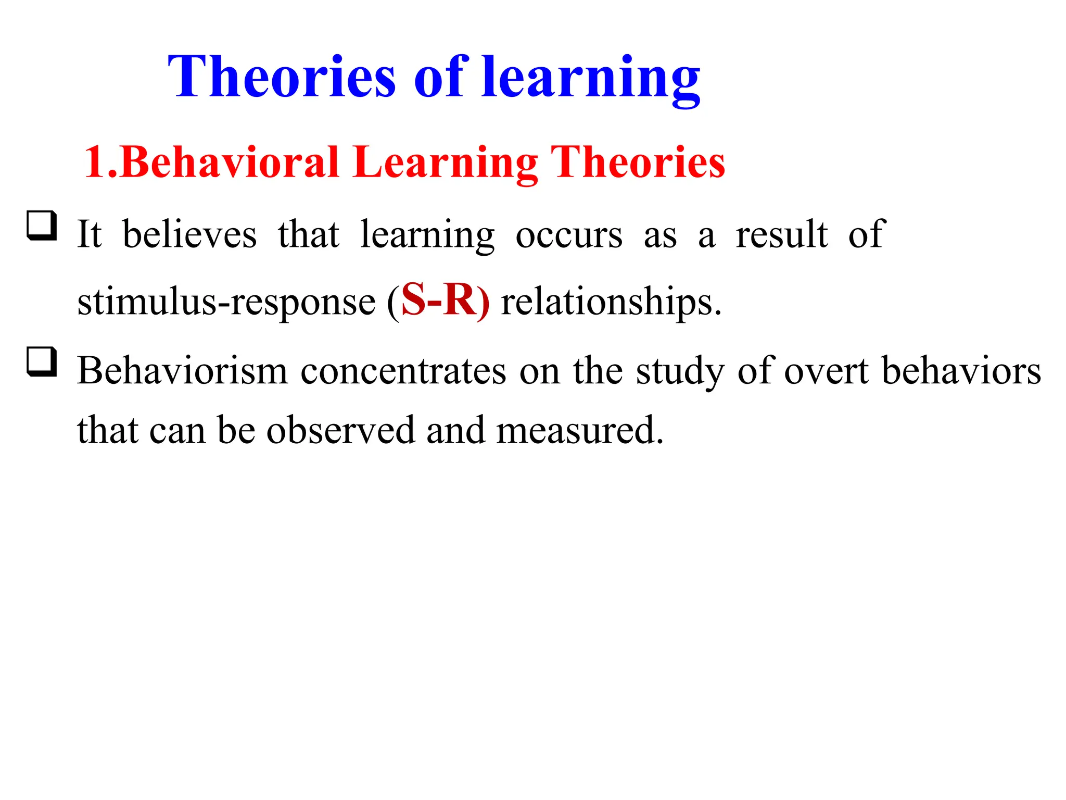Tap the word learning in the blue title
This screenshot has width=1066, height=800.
coord(591,78)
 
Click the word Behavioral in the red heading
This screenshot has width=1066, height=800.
coord(230,162)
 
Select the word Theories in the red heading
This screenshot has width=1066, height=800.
coord(638,162)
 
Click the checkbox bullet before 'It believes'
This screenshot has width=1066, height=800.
coord(42,226)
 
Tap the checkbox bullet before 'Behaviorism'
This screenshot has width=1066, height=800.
coord(42,361)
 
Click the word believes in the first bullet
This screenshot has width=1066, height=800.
coord(189,234)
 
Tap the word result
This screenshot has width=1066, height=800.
coord(781,234)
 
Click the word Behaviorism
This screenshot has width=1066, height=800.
coord(182,371)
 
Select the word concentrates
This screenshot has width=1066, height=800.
coord(403,371)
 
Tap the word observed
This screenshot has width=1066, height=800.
coord(341,431)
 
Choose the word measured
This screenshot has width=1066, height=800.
coord(579,431)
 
